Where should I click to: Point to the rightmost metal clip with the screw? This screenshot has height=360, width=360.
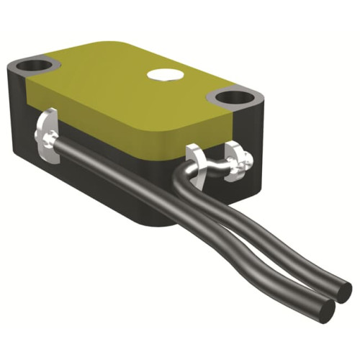(x=240, y=161)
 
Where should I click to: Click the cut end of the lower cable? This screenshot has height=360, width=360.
(x=322, y=309)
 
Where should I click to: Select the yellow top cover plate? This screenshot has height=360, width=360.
(x=130, y=94)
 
